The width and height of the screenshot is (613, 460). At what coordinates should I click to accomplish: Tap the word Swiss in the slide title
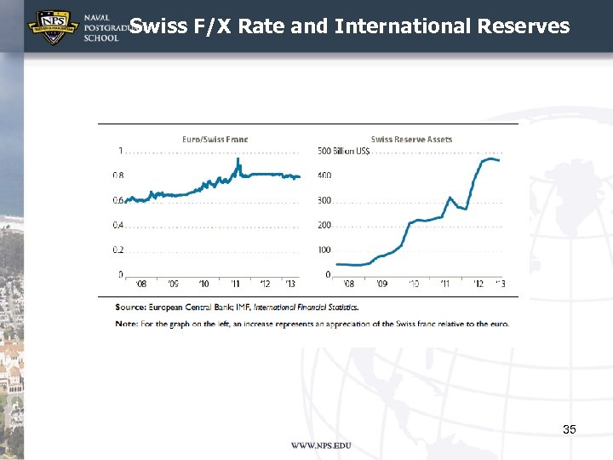[x=158, y=26]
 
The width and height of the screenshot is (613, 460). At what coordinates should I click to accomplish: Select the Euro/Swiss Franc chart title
[x=215, y=139]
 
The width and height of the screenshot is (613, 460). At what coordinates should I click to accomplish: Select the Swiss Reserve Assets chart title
[x=411, y=139]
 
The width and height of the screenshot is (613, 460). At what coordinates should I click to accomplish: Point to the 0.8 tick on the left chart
[x=119, y=175]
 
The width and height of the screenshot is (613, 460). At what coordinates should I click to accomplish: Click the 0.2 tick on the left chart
[x=119, y=250]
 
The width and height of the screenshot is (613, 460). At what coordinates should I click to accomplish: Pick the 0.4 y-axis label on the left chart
[x=119, y=225]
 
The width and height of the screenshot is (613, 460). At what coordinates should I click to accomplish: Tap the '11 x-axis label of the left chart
[x=235, y=284]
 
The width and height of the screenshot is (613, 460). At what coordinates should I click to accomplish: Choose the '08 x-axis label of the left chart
[x=141, y=284]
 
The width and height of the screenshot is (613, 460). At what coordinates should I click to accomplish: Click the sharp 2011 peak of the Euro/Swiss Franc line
[x=238, y=159]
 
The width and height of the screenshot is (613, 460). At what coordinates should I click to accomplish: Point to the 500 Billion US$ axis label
[x=343, y=152]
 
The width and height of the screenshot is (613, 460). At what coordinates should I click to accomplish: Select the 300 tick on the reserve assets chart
[x=324, y=201]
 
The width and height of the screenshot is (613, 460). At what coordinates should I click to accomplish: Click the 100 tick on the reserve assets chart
[x=324, y=250]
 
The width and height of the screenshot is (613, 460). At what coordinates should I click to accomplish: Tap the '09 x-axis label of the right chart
[x=381, y=284]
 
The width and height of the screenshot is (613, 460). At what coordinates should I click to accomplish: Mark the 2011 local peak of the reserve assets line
[x=450, y=198]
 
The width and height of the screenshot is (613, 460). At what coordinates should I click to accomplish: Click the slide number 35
[x=569, y=430]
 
